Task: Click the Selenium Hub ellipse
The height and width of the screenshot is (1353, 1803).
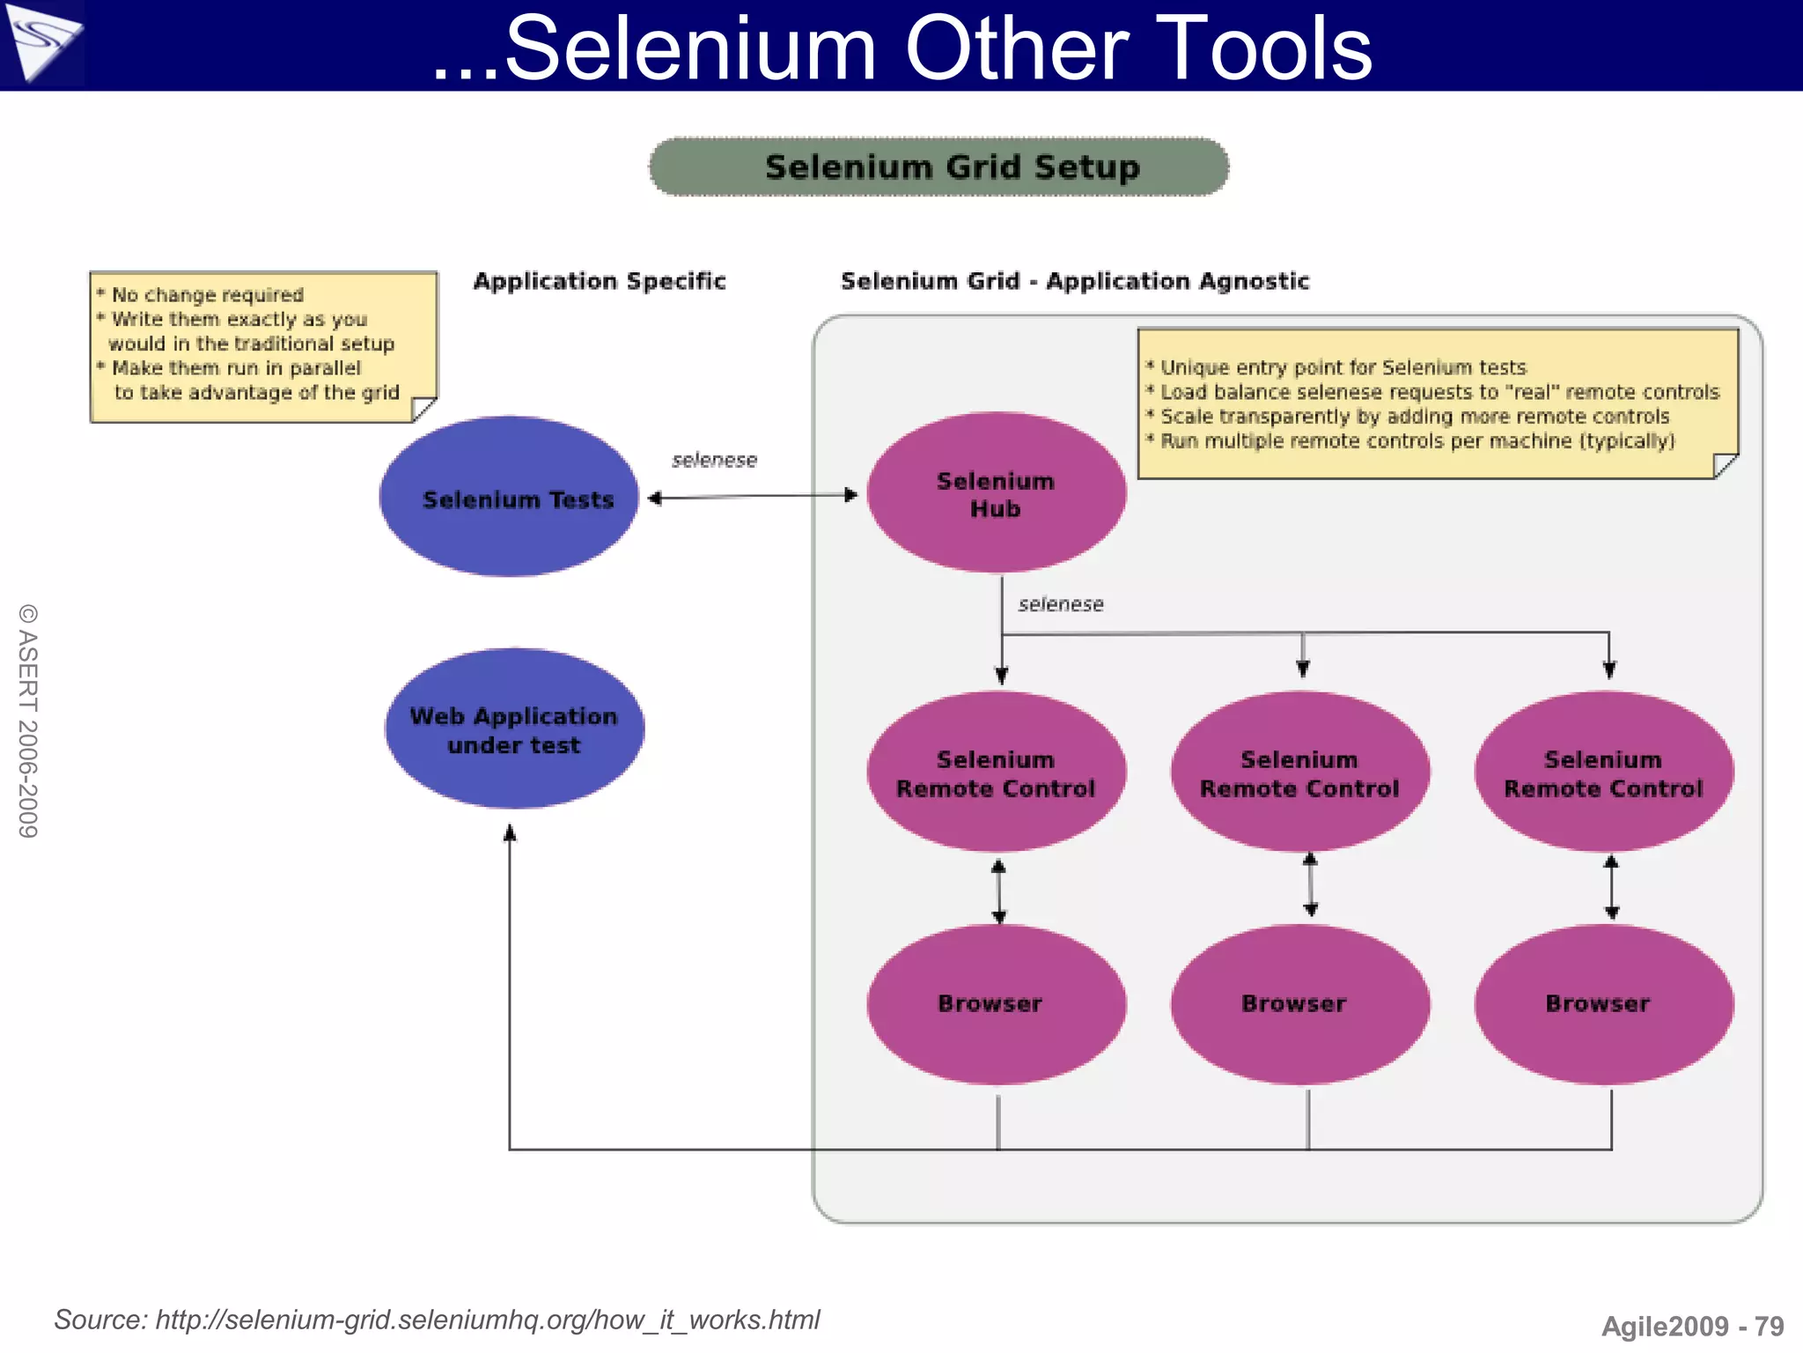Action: coord(996,494)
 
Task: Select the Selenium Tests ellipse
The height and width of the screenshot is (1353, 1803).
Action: coord(510,498)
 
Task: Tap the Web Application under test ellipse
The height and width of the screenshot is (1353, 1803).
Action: coord(514,729)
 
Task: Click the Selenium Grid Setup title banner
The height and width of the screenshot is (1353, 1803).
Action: coord(938,166)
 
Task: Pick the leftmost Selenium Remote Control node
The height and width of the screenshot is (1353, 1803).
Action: coord(996,773)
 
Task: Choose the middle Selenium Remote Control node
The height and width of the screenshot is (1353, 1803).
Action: coord(1299,773)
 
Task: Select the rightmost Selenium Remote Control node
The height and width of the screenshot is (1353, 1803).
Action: coord(1603,773)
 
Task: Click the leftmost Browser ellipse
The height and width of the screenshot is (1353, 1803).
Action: coord(996,1004)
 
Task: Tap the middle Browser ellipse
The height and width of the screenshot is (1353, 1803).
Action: coord(1299,1004)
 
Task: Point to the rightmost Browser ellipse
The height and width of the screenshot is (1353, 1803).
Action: coord(1603,1004)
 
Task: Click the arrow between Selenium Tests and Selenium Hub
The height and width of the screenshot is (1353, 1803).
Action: coord(753,497)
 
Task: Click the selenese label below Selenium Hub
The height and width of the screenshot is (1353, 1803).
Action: coord(1060,604)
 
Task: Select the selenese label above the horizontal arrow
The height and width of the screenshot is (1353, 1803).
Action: coord(714,460)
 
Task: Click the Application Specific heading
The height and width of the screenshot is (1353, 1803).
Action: coord(600,281)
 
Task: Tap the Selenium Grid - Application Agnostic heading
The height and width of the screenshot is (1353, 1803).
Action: coord(1075,281)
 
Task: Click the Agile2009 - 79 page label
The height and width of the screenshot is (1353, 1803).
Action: coord(1692,1326)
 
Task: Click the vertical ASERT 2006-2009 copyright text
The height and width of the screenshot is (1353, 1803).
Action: coord(28,721)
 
